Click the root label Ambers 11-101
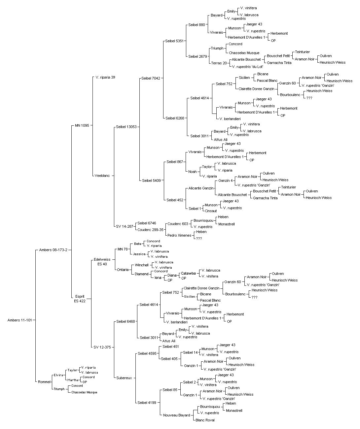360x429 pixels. [x=20, y=320]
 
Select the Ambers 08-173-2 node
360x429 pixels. [x=53, y=250]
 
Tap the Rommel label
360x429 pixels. [x=44, y=382]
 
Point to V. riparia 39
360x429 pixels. [x=105, y=77]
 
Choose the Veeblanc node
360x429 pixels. [x=102, y=176]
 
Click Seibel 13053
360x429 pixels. [x=126, y=127]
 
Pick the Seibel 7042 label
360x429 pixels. [x=151, y=78]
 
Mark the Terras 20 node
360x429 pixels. [x=219, y=63]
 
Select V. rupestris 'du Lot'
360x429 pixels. [x=247, y=67]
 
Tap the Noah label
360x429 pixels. [x=193, y=172]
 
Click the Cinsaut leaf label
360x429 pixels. [x=211, y=211]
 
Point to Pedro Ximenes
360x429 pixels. [x=179, y=235]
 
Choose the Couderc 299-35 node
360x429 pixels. [x=150, y=230]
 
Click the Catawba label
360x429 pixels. [x=188, y=273]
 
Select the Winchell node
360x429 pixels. [x=142, y=265]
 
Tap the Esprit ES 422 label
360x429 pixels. [x=80, y=299]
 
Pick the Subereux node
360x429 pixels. [x=124, y=378]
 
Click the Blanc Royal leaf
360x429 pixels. [x=205, y=420]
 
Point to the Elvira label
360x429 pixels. [x=58, y=375]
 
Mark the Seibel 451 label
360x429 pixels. [x=171, y=346]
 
